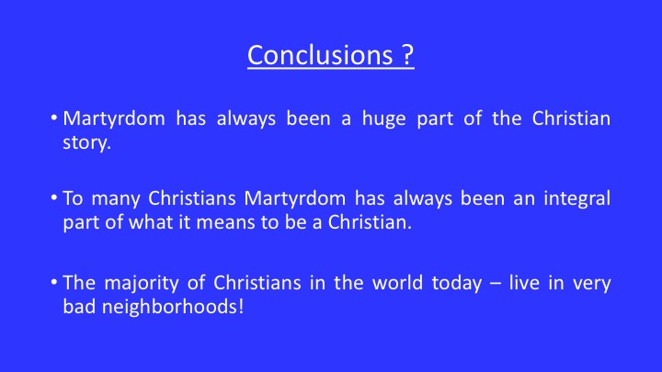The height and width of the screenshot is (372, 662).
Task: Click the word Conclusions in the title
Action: coord(320,55)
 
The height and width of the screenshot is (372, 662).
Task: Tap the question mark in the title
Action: coord(407,54)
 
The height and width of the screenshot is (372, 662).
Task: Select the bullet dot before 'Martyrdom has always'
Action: coord(53,118)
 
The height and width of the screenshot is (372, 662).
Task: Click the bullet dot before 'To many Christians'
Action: coord(53,197)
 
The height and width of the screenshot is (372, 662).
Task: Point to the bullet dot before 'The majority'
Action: coord(53,281)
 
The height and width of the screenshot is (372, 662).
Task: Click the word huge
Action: coord(383,119)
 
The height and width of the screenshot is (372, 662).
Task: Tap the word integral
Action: coord(576,199)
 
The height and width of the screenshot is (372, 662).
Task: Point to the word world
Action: coord(397,283)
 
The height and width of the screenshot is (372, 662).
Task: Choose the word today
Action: coord(457,284)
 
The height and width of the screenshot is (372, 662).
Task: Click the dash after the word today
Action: coord(496,284)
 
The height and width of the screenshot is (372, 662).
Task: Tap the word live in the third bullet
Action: coord(524,283)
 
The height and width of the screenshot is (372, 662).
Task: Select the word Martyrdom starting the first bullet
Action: coord(114,119)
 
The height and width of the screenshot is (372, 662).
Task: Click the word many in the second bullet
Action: coord(115,200)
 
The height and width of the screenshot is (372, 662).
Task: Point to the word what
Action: coord(151,222)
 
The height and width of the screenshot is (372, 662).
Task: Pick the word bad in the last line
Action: coord(78,307)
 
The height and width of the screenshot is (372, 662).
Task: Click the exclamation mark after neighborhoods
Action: coord(241,306)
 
